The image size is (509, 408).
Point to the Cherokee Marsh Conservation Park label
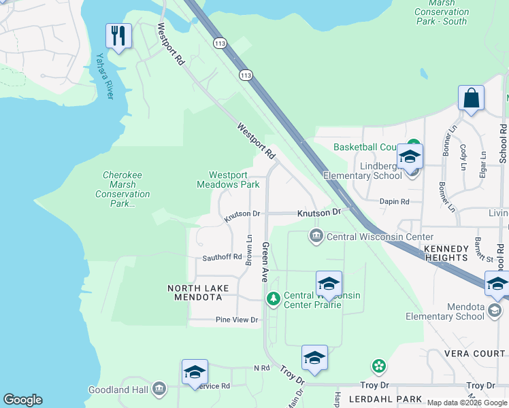(x=122, y=189)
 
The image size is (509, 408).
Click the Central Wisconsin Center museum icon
(x=316, y=237)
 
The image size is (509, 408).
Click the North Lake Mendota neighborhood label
(x=196, y=292)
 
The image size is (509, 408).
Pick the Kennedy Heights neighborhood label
(x=446, y=253)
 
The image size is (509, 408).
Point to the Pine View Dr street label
(x=237, y=320)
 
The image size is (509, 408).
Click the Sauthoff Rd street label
(x=222, y=257)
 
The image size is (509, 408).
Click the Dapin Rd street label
(x=395, y=201)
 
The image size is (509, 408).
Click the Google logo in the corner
(x=22, y=400)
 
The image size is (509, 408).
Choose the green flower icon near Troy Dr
(x=379, y=367)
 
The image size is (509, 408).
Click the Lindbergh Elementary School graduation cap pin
(x=410, y=156)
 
